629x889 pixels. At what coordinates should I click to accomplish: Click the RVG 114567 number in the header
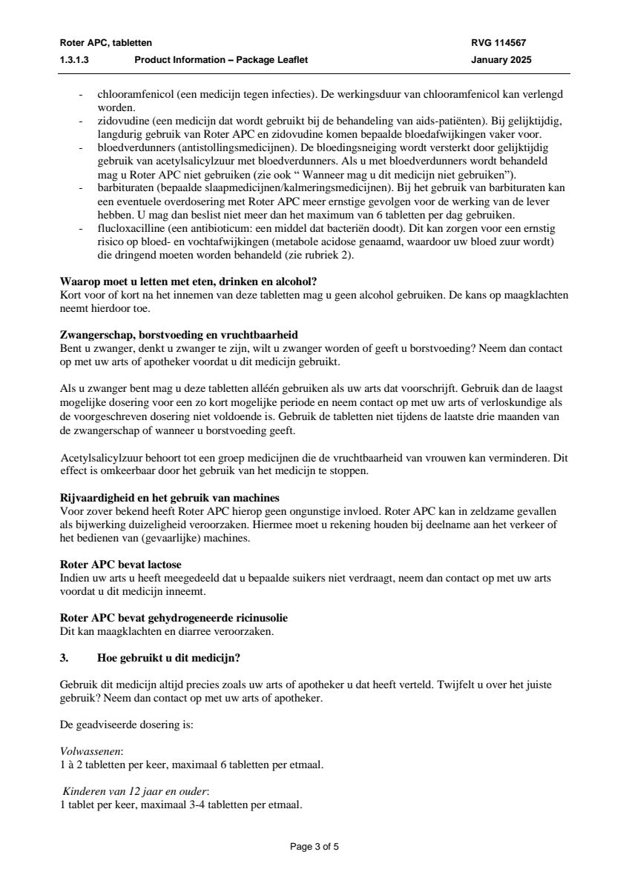[x=498, y=43]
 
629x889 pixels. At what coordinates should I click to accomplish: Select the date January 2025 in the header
[x=501, y=60]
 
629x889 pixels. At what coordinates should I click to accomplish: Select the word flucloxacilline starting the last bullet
[x=128, y=229]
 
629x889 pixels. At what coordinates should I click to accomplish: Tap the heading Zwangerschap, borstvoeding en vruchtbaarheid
[x=179, y=336]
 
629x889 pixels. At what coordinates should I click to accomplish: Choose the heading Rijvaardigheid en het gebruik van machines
[x=169, y=497]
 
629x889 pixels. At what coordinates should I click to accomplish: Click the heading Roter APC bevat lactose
[x=120, y=565]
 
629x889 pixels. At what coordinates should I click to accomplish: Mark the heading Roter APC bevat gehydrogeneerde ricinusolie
[x=174, y=618]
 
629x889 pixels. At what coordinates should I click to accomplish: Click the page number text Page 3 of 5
[x=314, y=847]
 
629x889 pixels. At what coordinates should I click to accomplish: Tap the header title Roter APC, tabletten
[x=105, y=43]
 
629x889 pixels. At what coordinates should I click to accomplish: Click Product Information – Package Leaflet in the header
[x=220, y=60]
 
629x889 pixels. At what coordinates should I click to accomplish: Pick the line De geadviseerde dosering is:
[x=126, y=725]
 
